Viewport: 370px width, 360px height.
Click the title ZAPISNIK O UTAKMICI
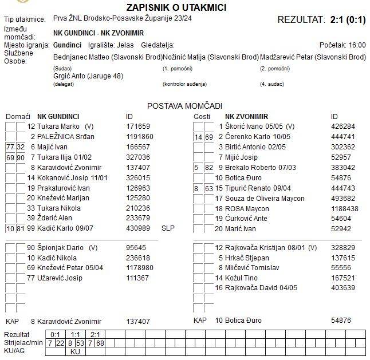pos(184,7)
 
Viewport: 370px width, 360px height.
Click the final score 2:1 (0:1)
pos(348,19)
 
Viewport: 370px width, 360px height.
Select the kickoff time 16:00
pos(357,45)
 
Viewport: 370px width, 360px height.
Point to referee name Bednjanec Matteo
pos(82,57)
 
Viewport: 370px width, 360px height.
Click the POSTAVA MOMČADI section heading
pos(184,106)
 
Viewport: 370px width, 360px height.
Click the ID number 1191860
pos(140,137)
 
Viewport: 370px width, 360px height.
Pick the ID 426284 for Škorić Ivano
pos(343,126)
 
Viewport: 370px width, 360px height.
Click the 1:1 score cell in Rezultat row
pos(75,334)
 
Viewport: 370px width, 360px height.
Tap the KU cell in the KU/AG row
pos(75,351)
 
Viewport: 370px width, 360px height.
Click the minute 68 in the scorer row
pos(100,343)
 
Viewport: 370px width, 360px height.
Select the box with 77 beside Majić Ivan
pos(10,147)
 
